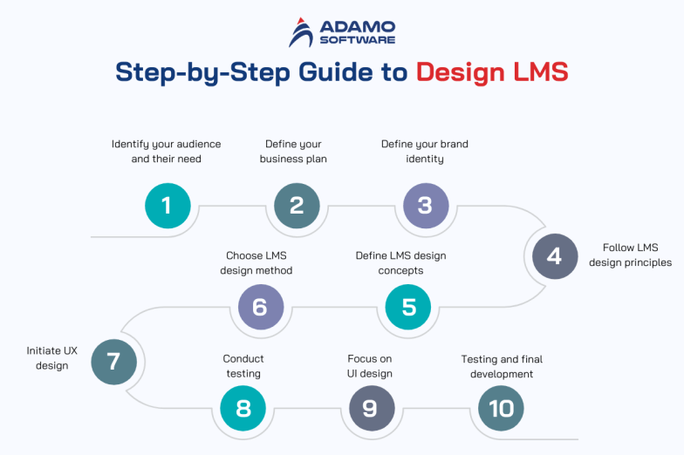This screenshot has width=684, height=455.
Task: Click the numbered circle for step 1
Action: [x=167, y=206]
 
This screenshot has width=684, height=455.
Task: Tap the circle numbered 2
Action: [x=297, y=206]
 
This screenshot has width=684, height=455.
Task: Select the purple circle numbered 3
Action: [x=426, y=206]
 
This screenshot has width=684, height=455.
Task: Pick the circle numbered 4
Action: [x=555, y=256]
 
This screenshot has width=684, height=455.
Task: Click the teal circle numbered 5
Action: [x=408, y=307]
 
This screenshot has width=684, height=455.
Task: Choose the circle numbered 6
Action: [x=261, y=307]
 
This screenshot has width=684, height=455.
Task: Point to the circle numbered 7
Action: [x=113, y=361]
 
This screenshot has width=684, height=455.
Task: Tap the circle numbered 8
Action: [x=243, y=408]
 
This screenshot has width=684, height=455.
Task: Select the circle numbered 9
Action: [x=372, y=408]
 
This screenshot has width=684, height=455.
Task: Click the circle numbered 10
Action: [x=501, y=408]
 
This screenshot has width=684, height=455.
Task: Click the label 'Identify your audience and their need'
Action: [x=166, y=152]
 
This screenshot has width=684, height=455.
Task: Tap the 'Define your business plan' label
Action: [x=293, y=152]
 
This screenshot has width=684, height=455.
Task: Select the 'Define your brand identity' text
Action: [x=424, y=152]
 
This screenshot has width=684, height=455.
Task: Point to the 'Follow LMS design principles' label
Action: [x=630, y=255]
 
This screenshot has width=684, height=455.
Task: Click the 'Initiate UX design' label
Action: [x=51, y=358]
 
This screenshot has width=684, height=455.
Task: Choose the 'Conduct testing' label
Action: [x=243, y=366]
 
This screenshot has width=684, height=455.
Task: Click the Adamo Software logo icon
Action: [x=302, y=34]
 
